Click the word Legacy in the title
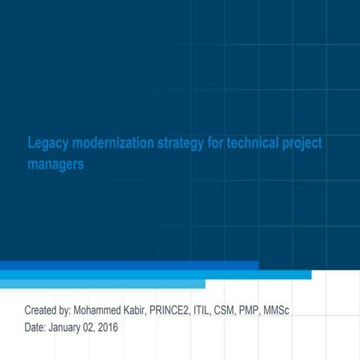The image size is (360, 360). pos(47,143)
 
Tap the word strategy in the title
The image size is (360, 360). pos(181,143)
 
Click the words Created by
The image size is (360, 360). pos(47,310)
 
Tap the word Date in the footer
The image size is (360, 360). pos(35,327)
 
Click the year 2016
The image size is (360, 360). pos(108,327)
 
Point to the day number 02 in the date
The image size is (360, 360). pos(89,327)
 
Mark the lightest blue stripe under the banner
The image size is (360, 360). pos(102,284)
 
